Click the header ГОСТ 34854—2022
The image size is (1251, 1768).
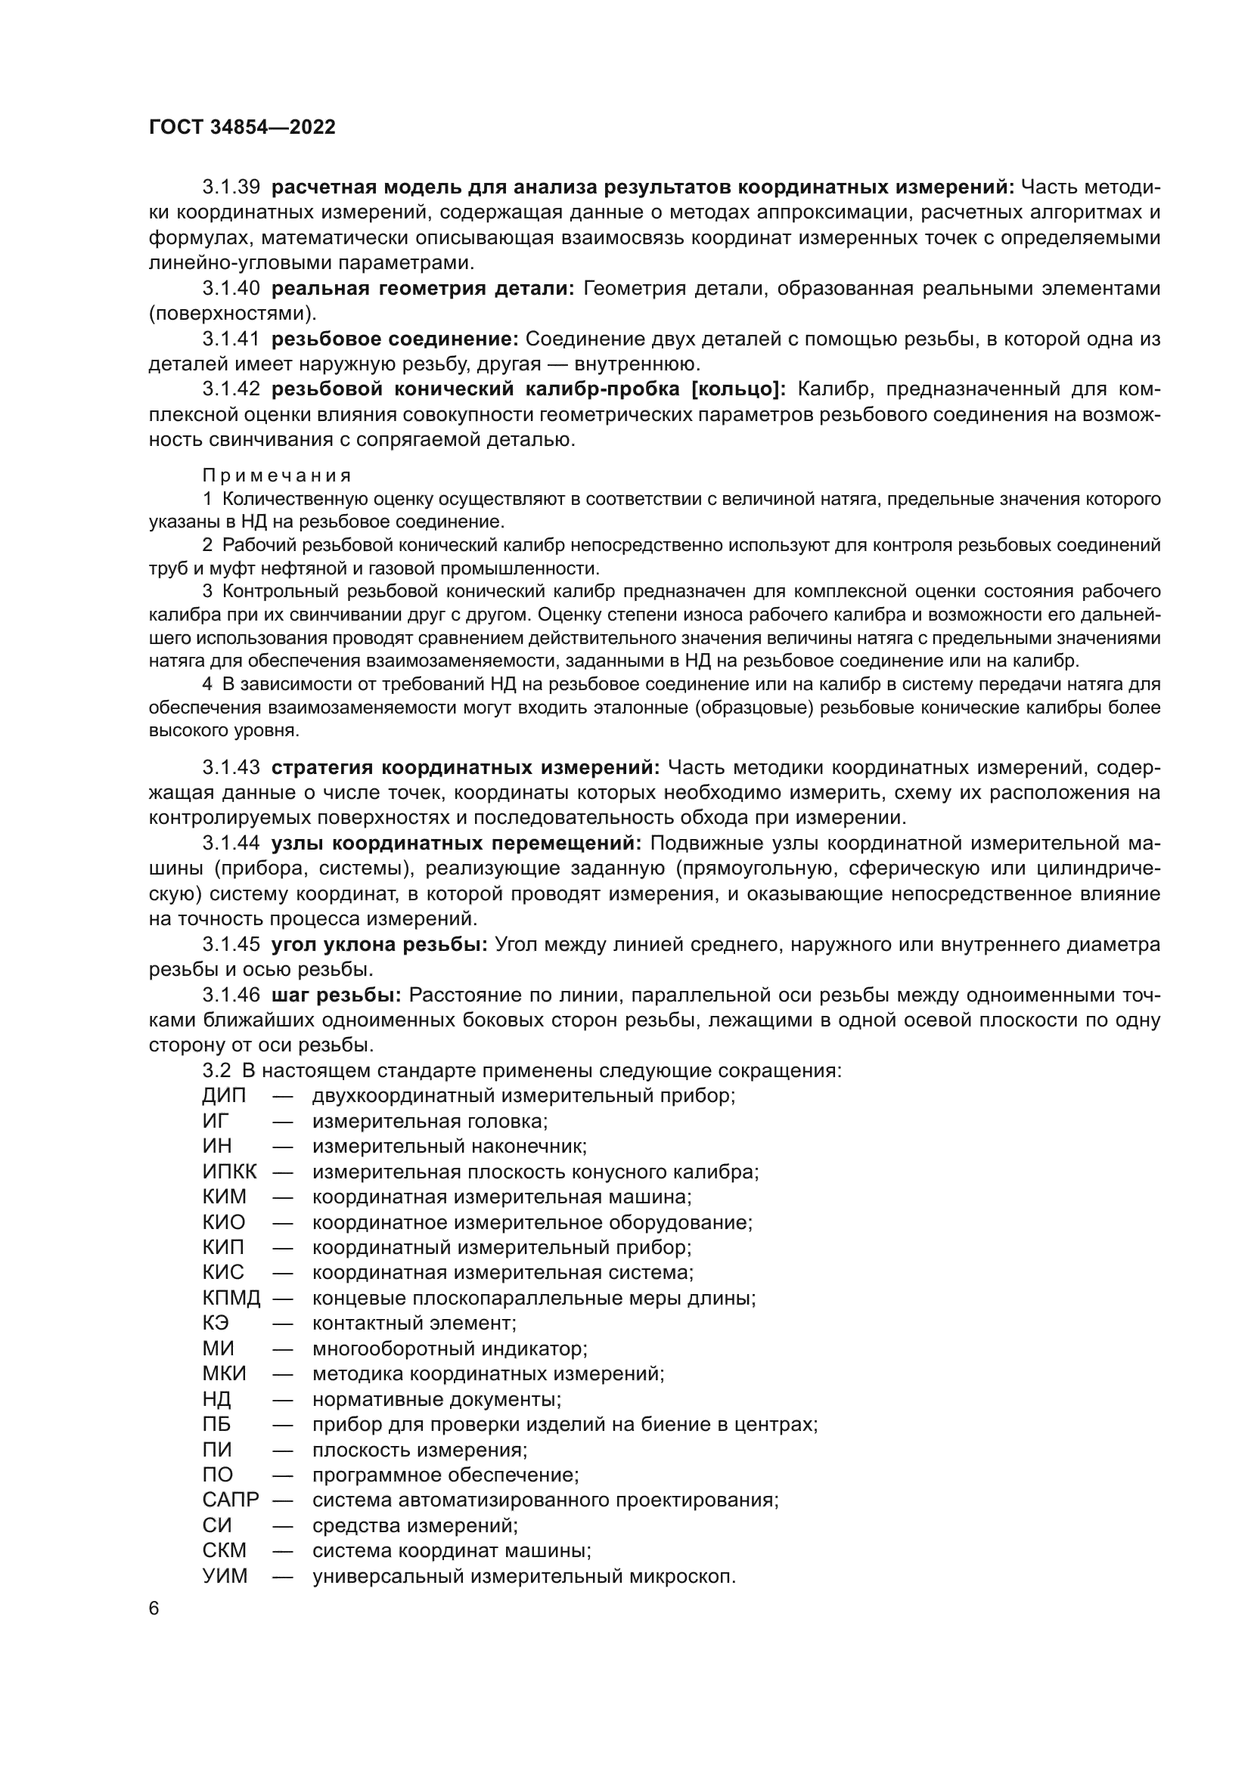pyautogui.click(x=242, y=128)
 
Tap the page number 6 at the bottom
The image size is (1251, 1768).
pyautogui.click(x=154, y=1609)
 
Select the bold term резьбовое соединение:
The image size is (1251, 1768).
pyautogui.click(x=394, y=339)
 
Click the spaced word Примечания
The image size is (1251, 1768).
pyautogui.click(x=277, y=475)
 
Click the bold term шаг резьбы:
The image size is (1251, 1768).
pyautogui.click(x=336, y=995)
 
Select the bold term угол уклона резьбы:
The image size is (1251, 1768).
pyautogui.click(x=379, y=944)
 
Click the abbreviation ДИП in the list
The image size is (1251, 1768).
pyautogui.click(x=224, y=1095)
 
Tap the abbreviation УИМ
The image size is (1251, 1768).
pyautogui.click(x=225, y=1576)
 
